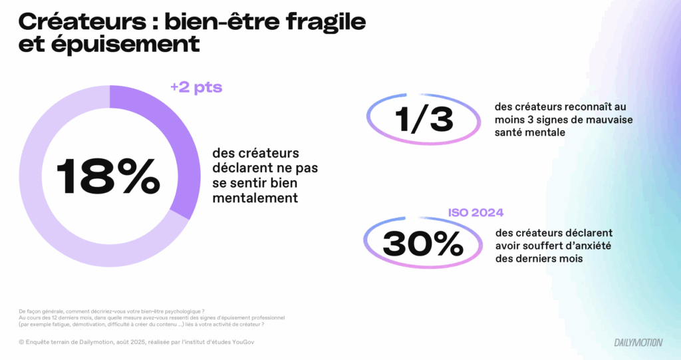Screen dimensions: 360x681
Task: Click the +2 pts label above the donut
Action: [196, 87]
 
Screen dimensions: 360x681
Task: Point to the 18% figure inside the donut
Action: [108, 176]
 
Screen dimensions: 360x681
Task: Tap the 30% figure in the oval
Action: [424, 244]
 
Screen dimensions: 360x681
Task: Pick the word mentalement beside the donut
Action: [255, 198]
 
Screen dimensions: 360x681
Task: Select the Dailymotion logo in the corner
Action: [638, 342]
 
